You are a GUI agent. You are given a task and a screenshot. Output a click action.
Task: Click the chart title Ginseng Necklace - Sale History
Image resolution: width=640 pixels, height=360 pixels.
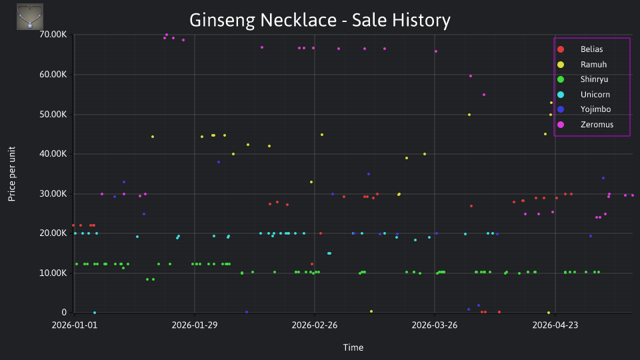point(319,20)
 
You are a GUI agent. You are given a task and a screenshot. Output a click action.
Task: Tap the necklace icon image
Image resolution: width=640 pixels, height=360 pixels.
point(30,17)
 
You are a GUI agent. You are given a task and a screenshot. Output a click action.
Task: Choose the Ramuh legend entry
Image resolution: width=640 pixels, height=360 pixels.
point(582,65)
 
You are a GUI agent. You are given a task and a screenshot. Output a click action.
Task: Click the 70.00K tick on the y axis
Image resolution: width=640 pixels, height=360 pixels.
point(53,35)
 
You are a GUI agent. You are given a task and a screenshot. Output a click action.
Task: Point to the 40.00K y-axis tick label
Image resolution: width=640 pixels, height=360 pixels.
point(53,154)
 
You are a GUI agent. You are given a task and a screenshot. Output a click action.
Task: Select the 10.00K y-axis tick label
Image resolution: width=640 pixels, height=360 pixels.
point(53,273)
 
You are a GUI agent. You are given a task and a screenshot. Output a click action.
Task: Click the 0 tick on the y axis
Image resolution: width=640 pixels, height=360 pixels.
point(64,312)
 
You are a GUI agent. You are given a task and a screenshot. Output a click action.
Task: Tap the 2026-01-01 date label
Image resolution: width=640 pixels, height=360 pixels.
point(75,325)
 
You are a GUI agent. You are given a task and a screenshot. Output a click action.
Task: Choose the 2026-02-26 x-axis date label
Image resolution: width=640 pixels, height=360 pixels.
point(315,325)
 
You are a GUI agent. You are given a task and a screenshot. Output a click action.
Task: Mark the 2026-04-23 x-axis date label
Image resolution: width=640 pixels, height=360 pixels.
point(555,325)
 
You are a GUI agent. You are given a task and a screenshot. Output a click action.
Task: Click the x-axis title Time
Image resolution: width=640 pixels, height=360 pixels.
point(353,347)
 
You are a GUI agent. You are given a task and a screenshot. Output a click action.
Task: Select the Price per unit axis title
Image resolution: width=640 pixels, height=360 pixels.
point(12,174)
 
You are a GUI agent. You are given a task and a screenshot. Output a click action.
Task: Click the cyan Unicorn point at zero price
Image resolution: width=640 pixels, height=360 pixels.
point(95,313)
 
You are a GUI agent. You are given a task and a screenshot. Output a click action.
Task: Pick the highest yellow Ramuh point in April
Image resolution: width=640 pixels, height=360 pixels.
point(551,103)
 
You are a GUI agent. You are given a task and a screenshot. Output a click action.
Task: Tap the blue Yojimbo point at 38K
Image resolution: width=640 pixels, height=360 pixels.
point(219,162)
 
